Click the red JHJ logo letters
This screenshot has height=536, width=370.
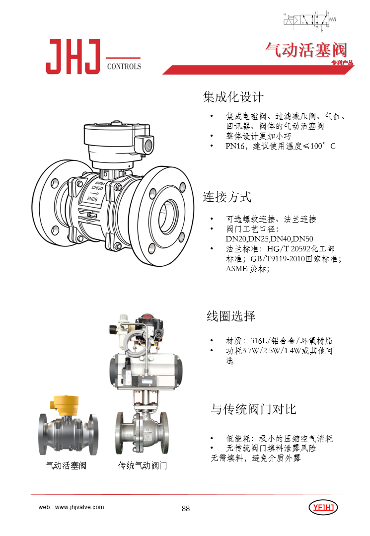point(73,57)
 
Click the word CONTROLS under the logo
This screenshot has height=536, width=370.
point(124,67)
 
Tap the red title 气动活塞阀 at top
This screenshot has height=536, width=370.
point(306,50)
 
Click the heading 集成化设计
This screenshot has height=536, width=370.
point(233,97)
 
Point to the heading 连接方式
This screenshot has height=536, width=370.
point(227,197)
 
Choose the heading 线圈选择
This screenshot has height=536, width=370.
point(231,316)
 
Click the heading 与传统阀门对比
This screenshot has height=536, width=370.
point(253,409)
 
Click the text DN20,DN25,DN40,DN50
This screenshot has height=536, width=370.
point(269,238)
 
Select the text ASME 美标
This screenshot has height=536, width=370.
point(247,269)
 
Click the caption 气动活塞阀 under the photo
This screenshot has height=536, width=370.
point(67,466)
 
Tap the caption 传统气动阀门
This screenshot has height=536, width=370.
point(143,466)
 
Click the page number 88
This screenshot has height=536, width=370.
point(186,508)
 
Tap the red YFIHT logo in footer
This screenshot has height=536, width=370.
point(323,508)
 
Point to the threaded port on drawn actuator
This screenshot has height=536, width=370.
point(148,146)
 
